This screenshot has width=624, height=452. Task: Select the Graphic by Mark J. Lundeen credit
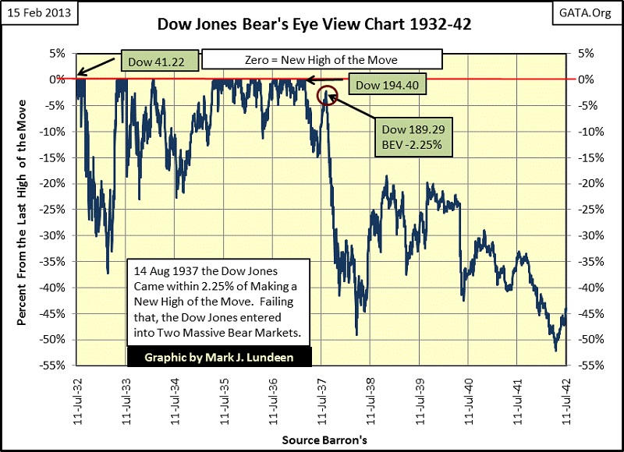219,357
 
